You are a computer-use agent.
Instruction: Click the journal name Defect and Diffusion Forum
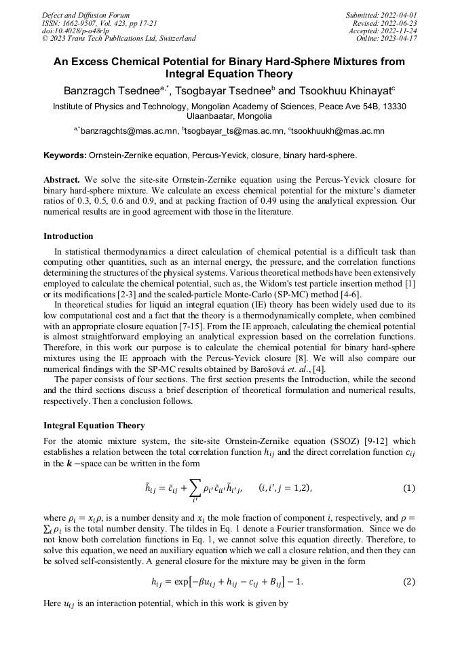pos(85,15)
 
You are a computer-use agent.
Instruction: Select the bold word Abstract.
pos(62,180)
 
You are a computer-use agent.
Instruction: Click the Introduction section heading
pos(68,236)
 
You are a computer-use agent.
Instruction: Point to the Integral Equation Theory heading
pos(94,426)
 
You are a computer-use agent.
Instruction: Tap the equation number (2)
pos(409,582)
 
